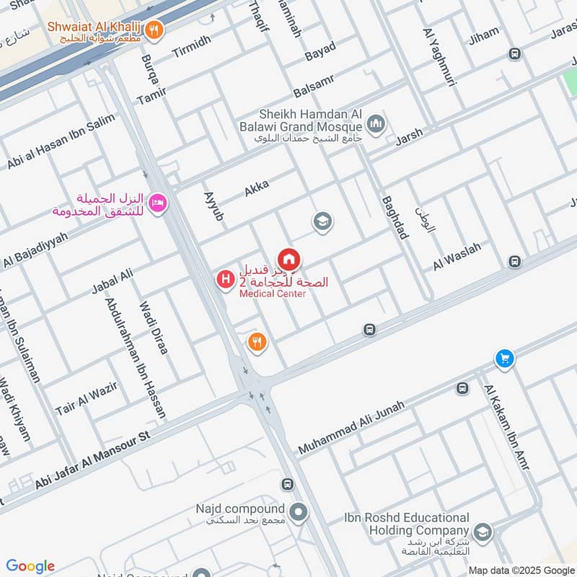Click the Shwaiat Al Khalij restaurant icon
[153, 30]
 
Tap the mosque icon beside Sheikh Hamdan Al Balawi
[375, 125]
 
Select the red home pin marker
[288, 258]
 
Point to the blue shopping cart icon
[504, 358]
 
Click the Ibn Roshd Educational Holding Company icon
[482, 532]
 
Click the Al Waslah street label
[457, 257]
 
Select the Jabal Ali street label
[113, 281]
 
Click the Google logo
[30, 566]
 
